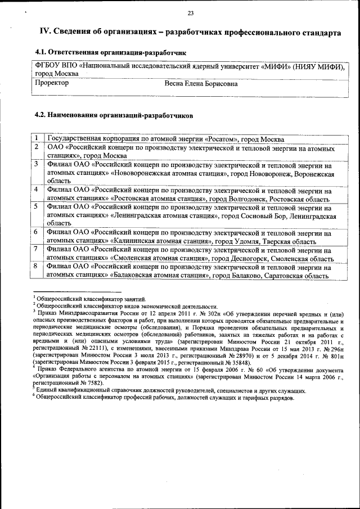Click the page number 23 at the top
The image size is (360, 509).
(190, 13)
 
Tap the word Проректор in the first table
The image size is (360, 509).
(52, 83)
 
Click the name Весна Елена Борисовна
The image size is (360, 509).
(201, 84)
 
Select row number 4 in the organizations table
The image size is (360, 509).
(36, 191)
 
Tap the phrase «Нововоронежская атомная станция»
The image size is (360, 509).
(169, 174)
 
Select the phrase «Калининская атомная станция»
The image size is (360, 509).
(159, 241)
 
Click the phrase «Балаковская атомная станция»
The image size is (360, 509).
(159, 276)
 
